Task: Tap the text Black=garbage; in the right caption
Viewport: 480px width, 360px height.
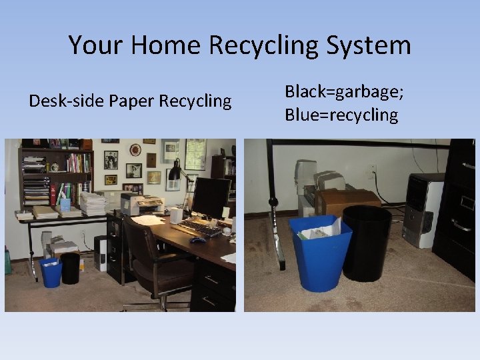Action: [x=345, y=91]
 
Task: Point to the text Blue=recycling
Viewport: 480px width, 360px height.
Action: [x=341, y=115]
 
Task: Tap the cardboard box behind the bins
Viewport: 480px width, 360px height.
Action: [x=347, y=201]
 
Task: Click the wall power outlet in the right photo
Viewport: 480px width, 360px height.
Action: [x=371, y=171]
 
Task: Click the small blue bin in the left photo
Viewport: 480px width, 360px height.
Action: [x=51, y=272]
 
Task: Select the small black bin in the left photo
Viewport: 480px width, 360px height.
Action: [x=70, y=268]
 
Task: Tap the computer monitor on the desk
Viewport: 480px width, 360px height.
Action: [x=211, y=197]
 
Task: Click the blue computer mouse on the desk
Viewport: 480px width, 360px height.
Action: [x=198, y=239]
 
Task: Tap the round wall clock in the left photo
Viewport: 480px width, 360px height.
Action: [x=135, y=150]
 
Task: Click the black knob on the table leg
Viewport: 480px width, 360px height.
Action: [x=272, y=202]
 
